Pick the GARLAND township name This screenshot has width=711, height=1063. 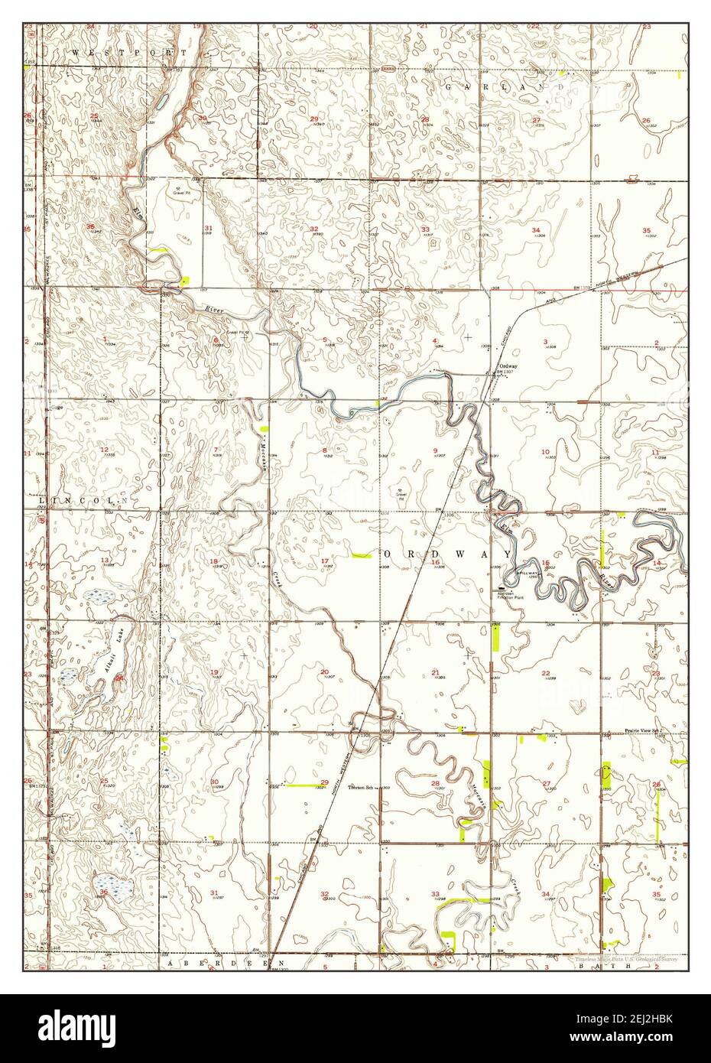(x=508, y=87)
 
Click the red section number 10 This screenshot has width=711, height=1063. (x=545, y=452)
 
